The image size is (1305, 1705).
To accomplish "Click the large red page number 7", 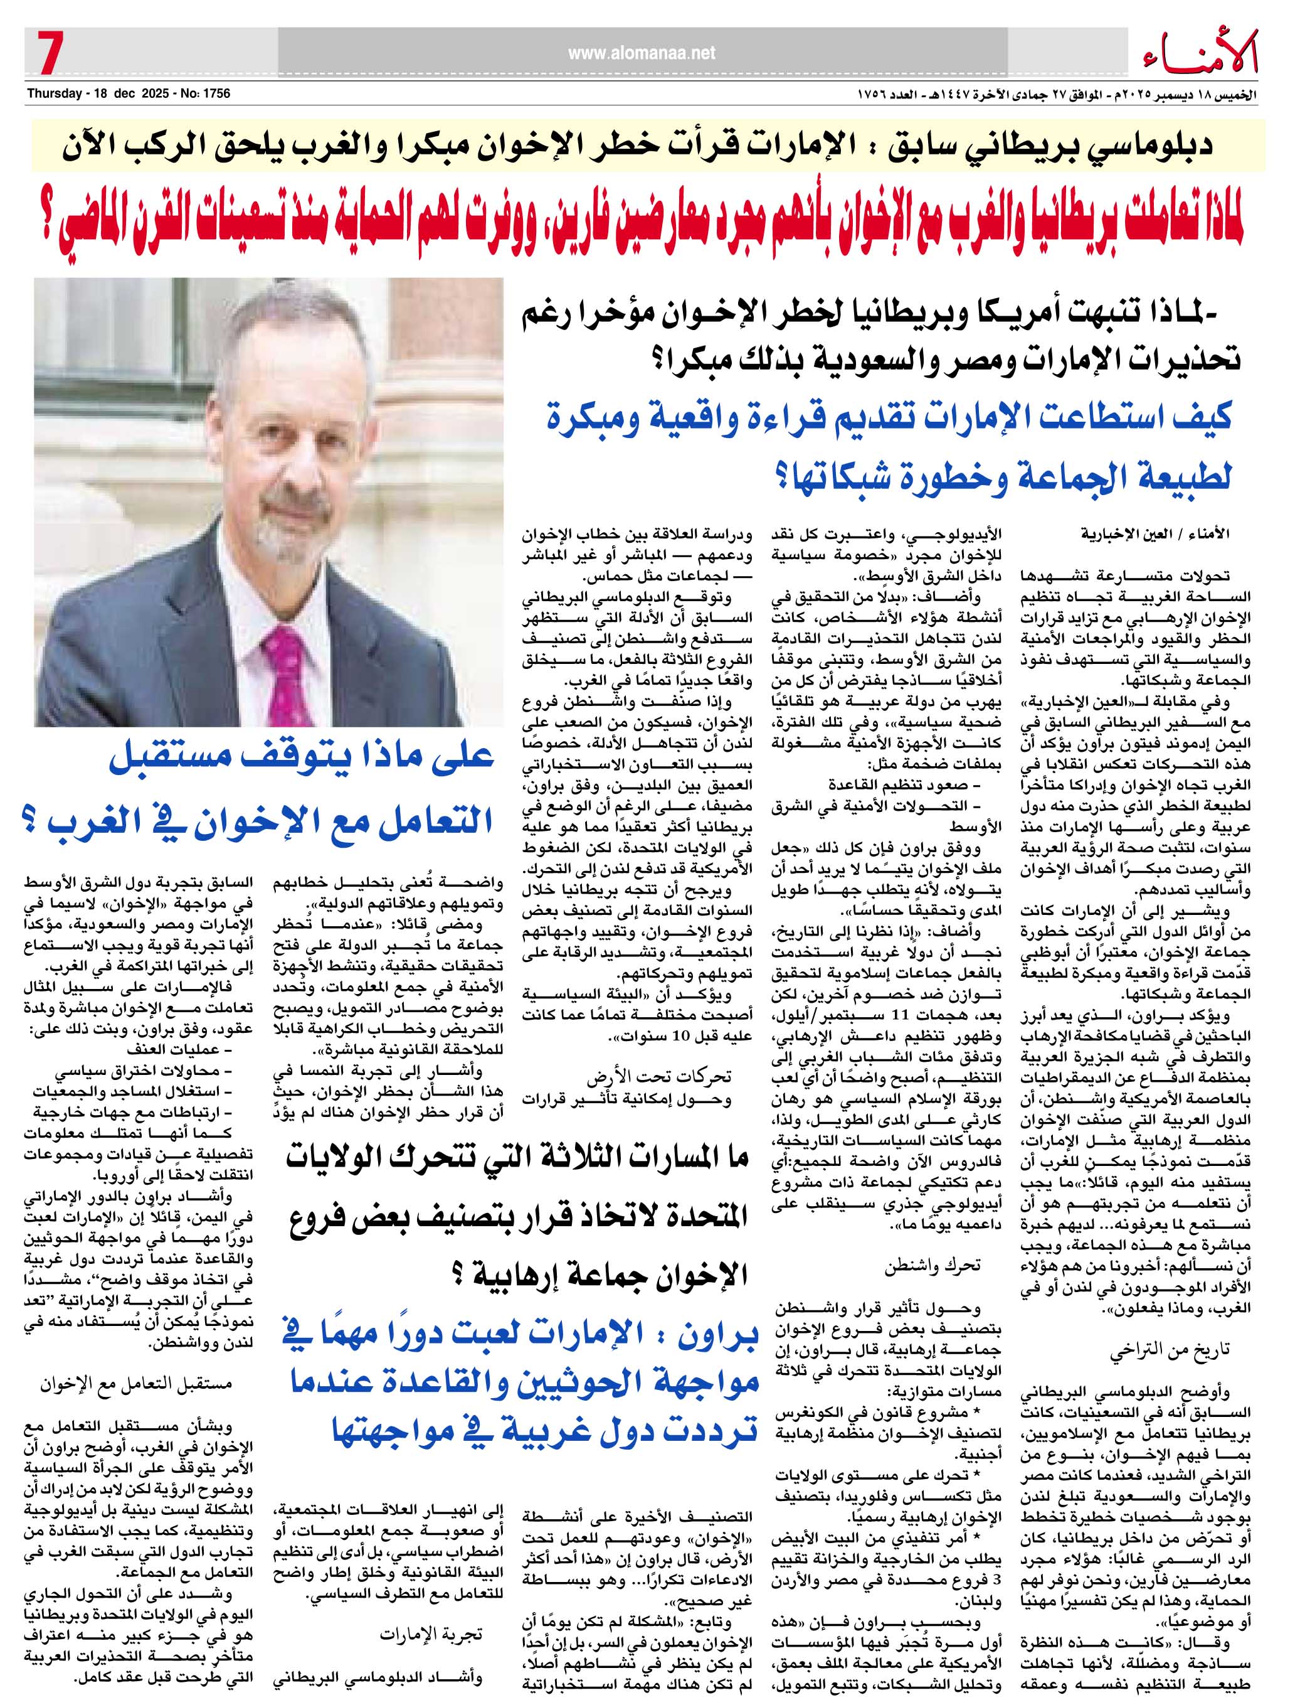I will [x=48, y=55].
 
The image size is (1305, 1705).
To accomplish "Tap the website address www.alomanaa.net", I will [x=641, y=53].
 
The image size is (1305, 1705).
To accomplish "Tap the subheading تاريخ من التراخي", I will [x=1158, y=1350].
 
